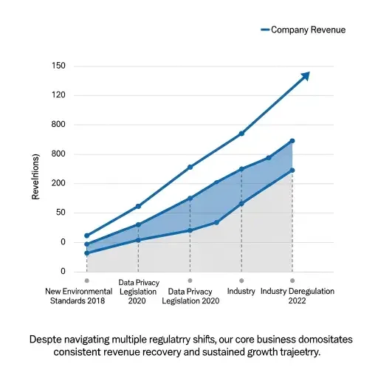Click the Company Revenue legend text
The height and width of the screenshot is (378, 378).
click(x=308, y=30)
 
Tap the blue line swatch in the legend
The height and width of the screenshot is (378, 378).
click(x=265, y=30)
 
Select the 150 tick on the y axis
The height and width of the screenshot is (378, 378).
click(x=58, y=66)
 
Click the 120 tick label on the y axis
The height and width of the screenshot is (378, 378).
click(x=58, y=95)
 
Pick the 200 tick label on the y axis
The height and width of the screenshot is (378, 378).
click(x=58, y=183)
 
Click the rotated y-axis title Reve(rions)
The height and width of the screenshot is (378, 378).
click(x=35, y=176)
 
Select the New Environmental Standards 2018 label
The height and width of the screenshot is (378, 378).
click(x=78, y=296)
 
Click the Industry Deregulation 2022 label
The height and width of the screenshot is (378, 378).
click(x=298, y=296)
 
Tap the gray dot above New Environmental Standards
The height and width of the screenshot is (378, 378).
click(x=86, y=281)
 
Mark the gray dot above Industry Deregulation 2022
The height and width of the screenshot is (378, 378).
click(x=292, y=281)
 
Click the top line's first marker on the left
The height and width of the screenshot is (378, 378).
click(x=86, y=236)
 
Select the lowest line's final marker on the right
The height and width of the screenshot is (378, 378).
click(x=292, y=171)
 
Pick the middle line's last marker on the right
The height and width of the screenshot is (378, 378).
click(x=292, y=141)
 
